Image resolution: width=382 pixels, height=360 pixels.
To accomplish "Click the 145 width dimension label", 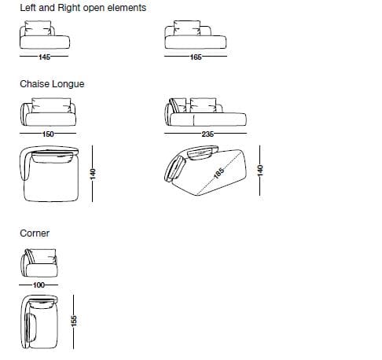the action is (44, 57).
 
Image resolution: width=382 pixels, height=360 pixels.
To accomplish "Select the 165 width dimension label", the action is (196, 57).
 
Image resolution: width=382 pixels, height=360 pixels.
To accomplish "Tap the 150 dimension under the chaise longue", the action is (48, 134).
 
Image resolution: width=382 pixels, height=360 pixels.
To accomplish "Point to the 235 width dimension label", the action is (208, 134).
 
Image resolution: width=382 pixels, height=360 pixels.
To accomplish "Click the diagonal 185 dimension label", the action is (219, 173).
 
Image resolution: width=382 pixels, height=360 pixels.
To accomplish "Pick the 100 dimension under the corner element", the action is (39, 285).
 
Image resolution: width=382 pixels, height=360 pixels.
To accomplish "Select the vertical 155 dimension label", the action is (74, 321).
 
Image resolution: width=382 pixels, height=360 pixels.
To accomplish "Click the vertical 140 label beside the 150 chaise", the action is (93, 174).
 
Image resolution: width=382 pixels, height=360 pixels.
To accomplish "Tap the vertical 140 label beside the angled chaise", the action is (260, 171).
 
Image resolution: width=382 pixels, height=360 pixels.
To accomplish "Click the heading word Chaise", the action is (35, 84).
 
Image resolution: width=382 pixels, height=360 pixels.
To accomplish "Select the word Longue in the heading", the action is (68, 84).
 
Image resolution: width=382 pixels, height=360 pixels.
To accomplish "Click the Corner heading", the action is (35, 233).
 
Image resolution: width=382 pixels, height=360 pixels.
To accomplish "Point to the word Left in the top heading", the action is (28, 8).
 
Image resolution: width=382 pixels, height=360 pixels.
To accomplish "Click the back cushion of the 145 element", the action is (38, 28).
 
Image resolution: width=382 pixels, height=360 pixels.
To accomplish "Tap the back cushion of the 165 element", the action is (187, 28).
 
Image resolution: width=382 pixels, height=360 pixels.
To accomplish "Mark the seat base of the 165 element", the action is (196, 42).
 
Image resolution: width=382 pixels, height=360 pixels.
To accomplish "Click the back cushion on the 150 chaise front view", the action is (51, 105).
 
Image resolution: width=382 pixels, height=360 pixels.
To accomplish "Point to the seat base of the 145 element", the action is (45, 42).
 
